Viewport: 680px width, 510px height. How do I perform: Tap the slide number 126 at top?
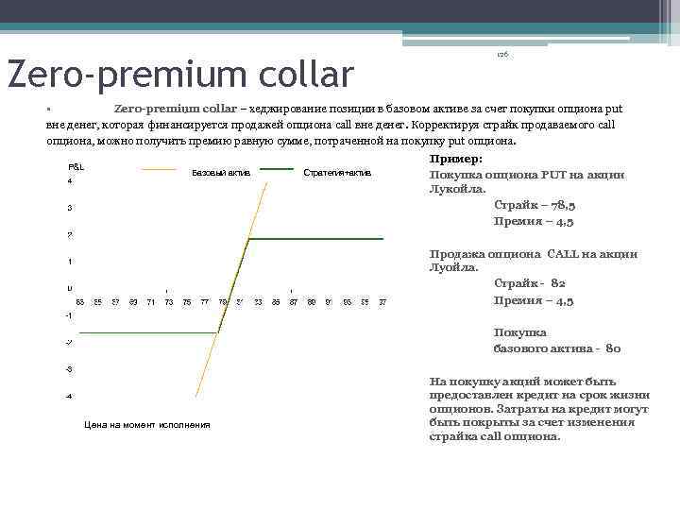502,56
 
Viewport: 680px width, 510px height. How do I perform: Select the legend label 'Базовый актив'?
220,173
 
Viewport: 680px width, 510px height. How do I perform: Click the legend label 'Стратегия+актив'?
337,173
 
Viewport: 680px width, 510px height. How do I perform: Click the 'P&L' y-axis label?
76,166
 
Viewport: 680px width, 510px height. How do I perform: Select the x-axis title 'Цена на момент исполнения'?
146,425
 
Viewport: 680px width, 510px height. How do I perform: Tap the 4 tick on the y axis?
69,180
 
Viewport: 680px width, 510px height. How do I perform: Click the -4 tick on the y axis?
69,396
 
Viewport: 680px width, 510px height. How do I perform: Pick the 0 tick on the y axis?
69,288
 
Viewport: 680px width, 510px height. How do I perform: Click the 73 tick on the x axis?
169,302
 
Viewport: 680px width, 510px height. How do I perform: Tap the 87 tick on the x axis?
294,302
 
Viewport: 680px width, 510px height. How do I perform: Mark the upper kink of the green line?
248,239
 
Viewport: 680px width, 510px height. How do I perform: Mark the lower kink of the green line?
219,331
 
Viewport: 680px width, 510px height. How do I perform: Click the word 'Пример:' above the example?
455,160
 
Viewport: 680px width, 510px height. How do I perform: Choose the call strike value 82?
557,283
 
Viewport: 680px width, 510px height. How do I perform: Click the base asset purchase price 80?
613,348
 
